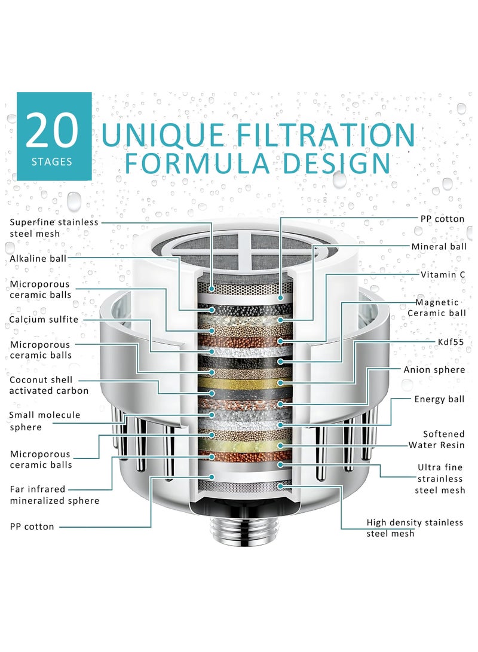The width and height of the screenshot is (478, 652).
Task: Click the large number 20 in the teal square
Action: pyautogui.click(x=52, y=130)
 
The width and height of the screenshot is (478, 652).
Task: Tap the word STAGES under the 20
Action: pyautogui.click(x=52, y=162)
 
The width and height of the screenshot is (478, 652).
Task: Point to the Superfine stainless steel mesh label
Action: pyautogui.click(x=54, y=228)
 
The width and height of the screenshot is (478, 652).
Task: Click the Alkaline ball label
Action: pyautogui.click(x=38, y=259)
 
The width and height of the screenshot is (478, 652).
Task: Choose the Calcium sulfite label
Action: pyautogui.click(x=44, y=319)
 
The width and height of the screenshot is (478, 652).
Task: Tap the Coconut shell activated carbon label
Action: pyautogui.click(x=48, y=385)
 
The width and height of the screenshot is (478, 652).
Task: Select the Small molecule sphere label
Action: pyautogui.click(x=44, y=421)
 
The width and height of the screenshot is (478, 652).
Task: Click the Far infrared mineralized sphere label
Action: pyautogui.click(x=54, y=495)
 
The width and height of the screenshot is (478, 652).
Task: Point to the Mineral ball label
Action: pyautogui.click(x=439, y=247)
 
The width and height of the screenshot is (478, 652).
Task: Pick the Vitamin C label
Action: pyautogui.click(x=443, y=274)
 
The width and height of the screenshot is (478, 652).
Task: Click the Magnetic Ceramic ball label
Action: pyautogui.click(x=436, y=308)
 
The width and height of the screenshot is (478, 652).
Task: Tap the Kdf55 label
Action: pyautogui.click(x=451, y=342)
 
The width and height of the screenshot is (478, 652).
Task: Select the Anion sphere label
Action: pyautogui.click(x=434, y=370)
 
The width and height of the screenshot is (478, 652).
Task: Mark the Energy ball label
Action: pyautogui.click(x=439, y=399)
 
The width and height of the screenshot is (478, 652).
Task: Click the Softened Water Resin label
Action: pyautogui.click(x=436, y=439)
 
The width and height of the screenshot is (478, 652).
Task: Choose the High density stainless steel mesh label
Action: pyautogui.click(x=415, y=528)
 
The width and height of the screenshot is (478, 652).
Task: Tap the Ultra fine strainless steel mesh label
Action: pyautogui.click(x=440, y=479)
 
